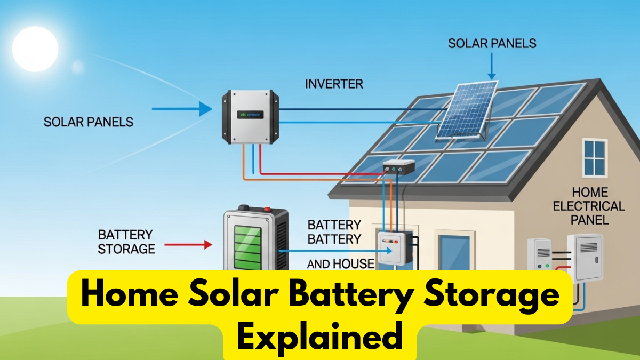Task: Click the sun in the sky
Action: (35, 49)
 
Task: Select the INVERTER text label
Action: (334, 84)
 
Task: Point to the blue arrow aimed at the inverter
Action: (182, 109)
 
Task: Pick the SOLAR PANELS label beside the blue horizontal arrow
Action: (88, 122)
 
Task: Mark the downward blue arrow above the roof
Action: (491, 67)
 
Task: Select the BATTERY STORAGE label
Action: (126, 242)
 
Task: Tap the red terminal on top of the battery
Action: (268, 209)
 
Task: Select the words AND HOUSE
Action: (341, 263)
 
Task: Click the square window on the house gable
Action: (595, 158)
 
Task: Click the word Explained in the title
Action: (319, 337)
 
